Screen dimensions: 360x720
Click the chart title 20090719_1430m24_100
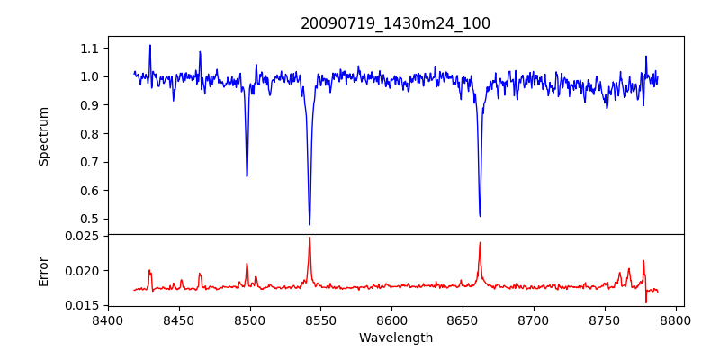(395, 23)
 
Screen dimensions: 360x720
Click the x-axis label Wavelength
(395, 338)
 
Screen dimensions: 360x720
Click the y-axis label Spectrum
(43, 136)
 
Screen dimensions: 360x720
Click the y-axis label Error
(43, 270)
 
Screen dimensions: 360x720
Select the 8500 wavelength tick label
(250, 319)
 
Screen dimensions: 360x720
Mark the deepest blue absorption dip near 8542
(310, 224)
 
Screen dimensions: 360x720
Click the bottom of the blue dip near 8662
(480, 216)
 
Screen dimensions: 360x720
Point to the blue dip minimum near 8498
(247, 175)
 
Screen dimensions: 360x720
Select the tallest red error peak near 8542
(310, 238)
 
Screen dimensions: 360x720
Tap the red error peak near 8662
(480, 242)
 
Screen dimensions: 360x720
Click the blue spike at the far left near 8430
(150, 45)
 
